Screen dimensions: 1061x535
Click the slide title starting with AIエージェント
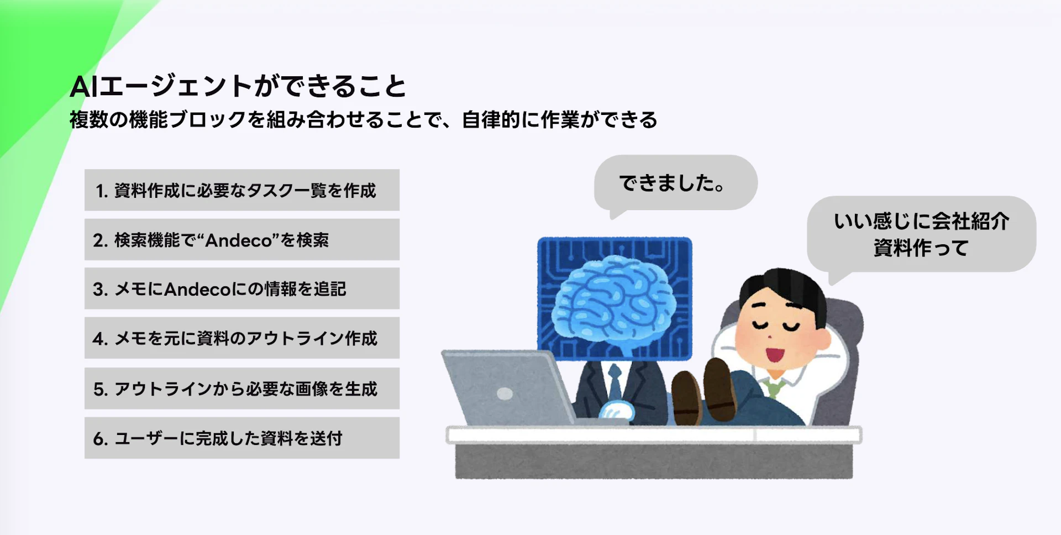pos(238,87)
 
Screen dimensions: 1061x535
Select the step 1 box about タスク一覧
pos(242,190)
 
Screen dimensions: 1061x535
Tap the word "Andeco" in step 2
pos(239,240)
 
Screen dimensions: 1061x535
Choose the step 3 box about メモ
pos(242,289)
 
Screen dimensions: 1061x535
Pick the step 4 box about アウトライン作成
pos(242,338)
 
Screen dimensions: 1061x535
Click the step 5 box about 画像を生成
pos(242,389)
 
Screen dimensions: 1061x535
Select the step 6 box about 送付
pos(242,438)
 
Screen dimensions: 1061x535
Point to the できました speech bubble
pos(675,183)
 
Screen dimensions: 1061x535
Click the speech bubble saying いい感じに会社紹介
pos(921,234)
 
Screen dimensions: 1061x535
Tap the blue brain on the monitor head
pos(614,299)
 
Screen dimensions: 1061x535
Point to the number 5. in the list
pos(101,389)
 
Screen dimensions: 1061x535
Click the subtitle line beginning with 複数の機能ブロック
pos(364,119)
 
